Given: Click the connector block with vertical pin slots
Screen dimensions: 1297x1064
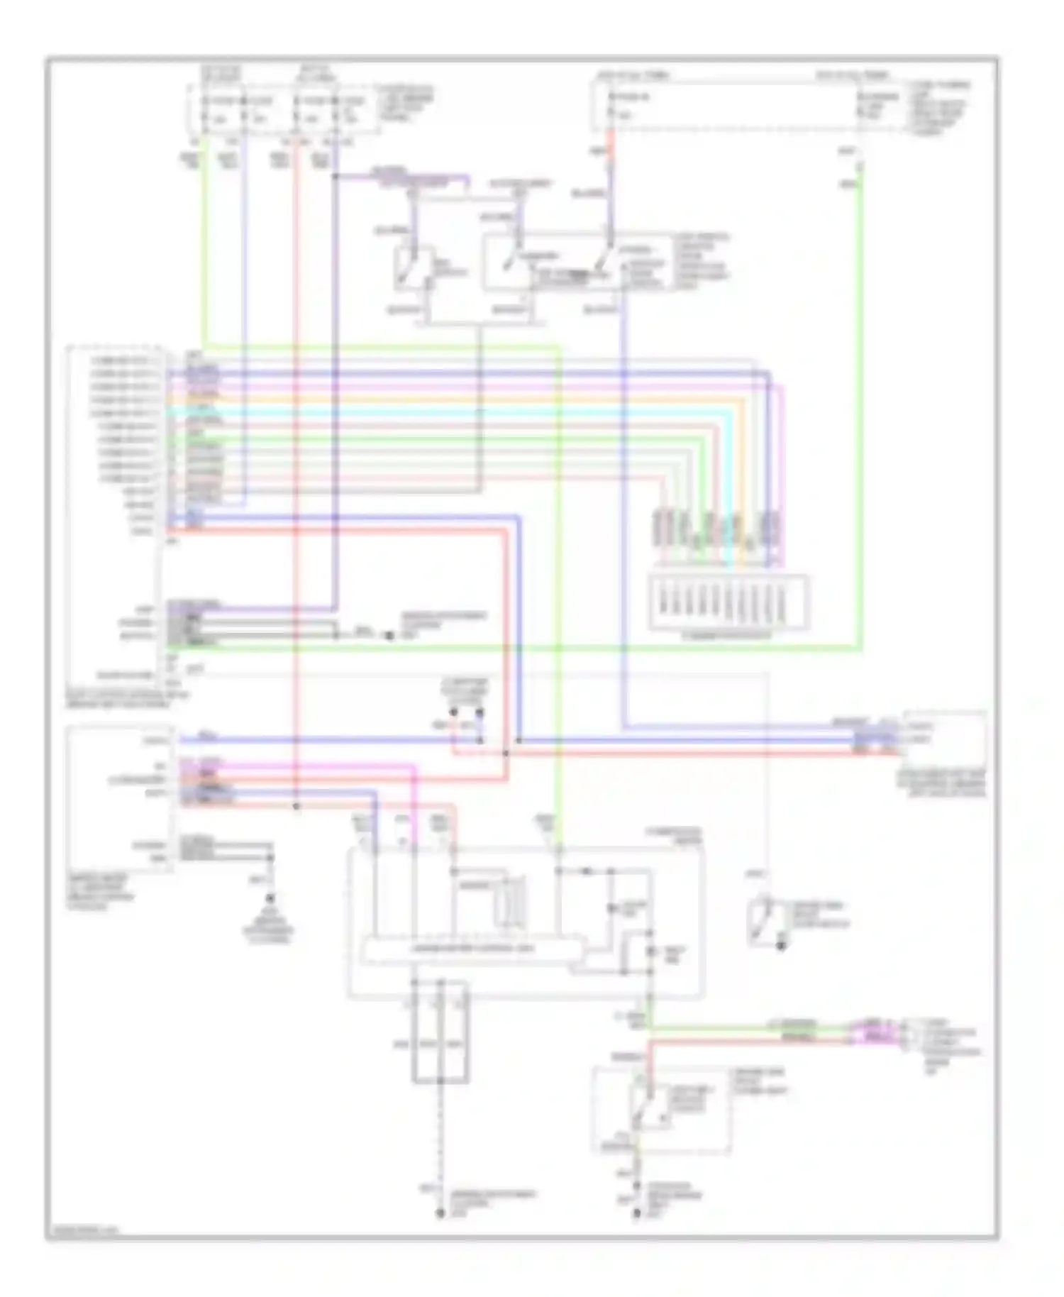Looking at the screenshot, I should [x=728, y=602].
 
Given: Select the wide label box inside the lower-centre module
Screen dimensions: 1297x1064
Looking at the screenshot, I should [x=472, y=949].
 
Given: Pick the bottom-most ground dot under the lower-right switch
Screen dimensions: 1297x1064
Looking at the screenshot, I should [x=636, y=1215].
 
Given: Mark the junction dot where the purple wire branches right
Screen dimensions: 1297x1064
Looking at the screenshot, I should [x=336, y=176].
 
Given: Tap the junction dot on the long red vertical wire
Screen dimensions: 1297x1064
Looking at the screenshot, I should [x=297, y=807].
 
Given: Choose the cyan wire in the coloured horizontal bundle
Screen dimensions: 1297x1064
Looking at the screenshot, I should [x=454, y=412].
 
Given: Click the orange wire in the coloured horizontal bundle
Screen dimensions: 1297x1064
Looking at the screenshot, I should [x=454, y=399].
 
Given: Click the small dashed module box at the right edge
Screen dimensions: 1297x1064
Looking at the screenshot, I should [x=943, y=739].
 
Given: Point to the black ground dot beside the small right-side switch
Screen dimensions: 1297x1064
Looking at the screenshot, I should [x=781, y=946].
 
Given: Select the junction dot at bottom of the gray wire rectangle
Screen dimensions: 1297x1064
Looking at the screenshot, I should [x=440, y=1081].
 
